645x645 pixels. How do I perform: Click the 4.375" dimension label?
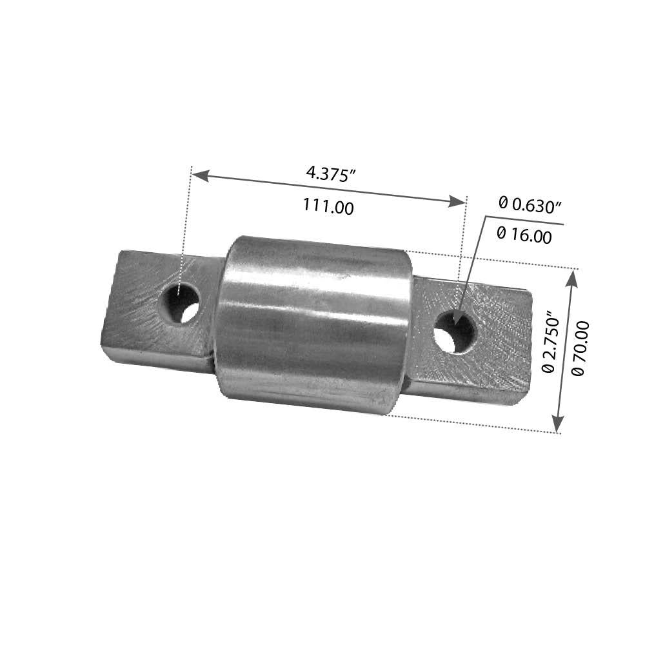(x=331, y=174)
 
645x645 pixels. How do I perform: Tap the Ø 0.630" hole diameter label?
(x=530, y=205)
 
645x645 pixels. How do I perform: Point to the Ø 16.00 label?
(x=525, y=236)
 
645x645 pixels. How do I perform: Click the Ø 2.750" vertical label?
(x=550, y=342)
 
